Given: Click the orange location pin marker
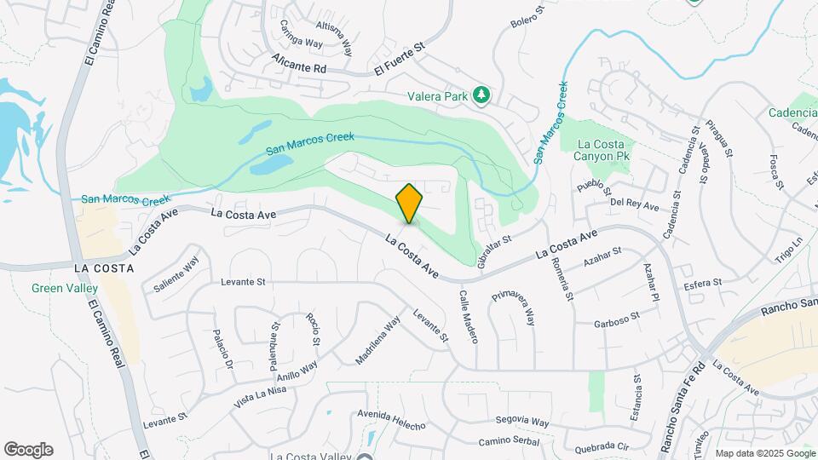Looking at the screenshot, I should click(x=410, y=204).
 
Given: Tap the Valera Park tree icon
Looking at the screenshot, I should click(x=481, y=95).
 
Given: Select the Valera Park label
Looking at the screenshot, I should click(x=437, y=96).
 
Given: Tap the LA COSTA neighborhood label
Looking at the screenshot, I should click(x=104, y=268).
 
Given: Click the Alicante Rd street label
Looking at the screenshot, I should click(x=300, y=66).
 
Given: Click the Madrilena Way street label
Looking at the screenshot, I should click(x=377, y=341).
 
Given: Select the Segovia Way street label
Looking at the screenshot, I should click(x=522, y=421).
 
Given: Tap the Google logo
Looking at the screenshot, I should click(x=28, y=450).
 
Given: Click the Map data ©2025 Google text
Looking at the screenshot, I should click(x=764, y=453).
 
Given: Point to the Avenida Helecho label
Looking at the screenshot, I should click(x=391, y=418).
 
